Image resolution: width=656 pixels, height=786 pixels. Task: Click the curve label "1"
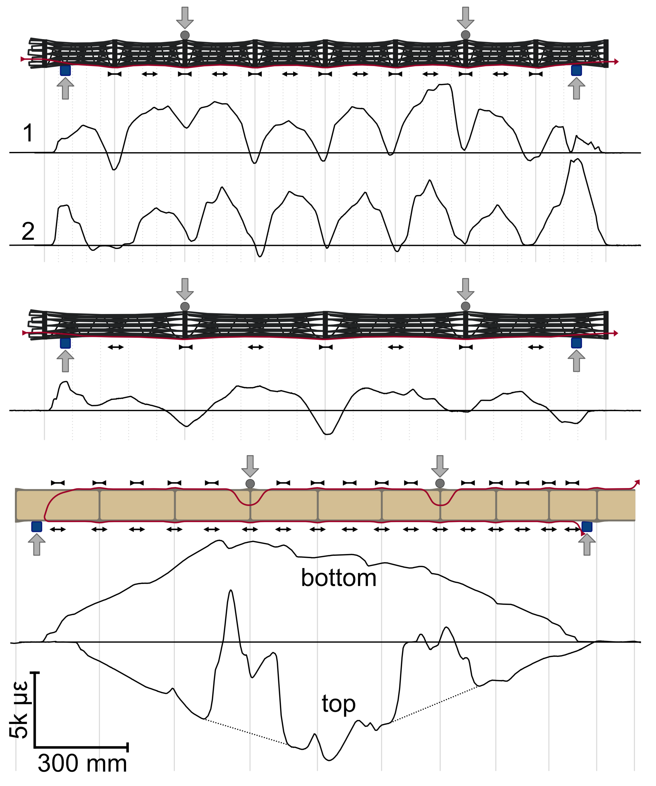click(x=28, y=133)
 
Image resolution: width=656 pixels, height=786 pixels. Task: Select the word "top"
click(x=338, y=704)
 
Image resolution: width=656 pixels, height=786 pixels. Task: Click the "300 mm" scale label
click(x=82, y=763)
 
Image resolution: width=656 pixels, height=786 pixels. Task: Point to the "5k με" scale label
click(x=19, y=709)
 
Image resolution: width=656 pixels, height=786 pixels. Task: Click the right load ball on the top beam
click(x=465, y=35)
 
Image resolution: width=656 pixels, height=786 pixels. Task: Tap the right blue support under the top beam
click(x=576, y=70)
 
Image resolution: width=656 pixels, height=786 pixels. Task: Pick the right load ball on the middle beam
click(x=465, y=306)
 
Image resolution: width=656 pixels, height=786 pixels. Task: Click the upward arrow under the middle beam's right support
click(x=576, y=361)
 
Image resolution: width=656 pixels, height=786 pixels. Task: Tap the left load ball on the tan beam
click(x=250, y=483)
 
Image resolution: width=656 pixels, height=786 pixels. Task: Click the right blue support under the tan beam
click(x=587, y=527)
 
